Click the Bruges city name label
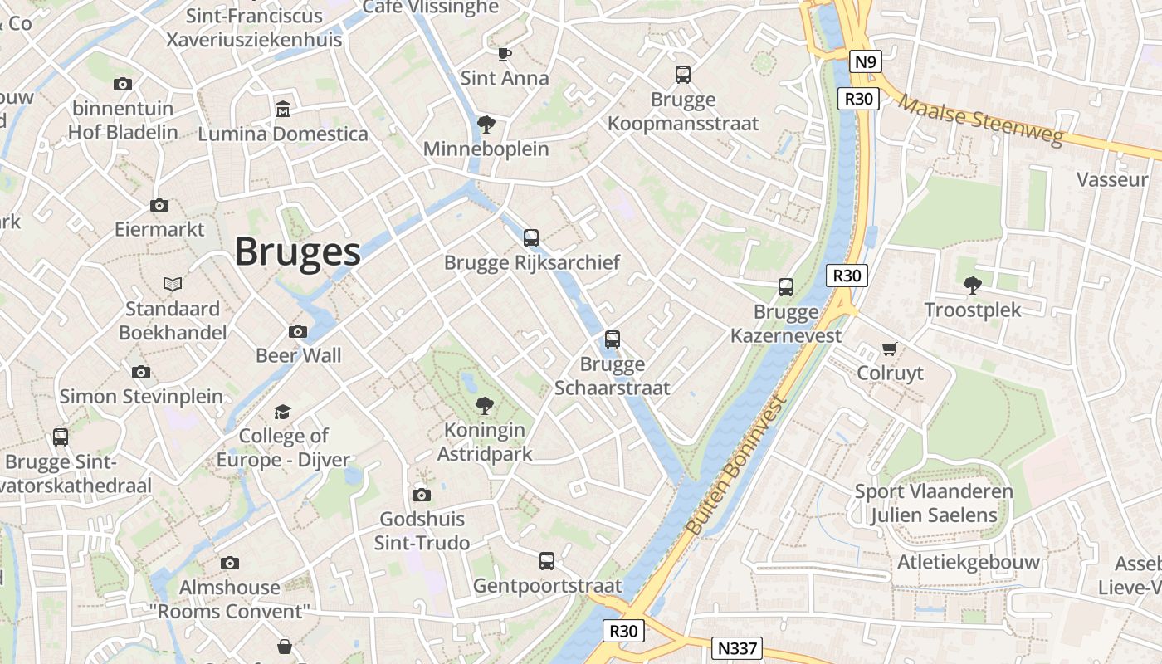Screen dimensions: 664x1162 297,251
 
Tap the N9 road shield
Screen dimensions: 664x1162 865,61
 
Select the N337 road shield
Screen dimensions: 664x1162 737,647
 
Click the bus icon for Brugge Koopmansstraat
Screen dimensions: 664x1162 683,75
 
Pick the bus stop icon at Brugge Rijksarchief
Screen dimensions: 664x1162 531,238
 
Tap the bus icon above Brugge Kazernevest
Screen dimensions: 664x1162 786,287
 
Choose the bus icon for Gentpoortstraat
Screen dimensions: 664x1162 547,561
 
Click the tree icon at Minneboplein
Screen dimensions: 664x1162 486,124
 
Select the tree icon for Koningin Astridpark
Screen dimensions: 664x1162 484,406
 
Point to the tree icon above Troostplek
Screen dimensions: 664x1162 973,286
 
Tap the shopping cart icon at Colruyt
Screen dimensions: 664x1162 890,349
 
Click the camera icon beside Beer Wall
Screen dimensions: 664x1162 298,331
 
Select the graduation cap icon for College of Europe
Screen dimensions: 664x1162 283,412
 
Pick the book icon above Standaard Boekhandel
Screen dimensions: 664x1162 173,284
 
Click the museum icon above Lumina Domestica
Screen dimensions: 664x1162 283,110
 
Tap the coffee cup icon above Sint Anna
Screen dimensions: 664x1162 504,54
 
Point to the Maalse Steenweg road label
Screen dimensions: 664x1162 980,121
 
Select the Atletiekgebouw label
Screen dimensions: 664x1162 968,562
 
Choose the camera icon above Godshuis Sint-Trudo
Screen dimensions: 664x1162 422,496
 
